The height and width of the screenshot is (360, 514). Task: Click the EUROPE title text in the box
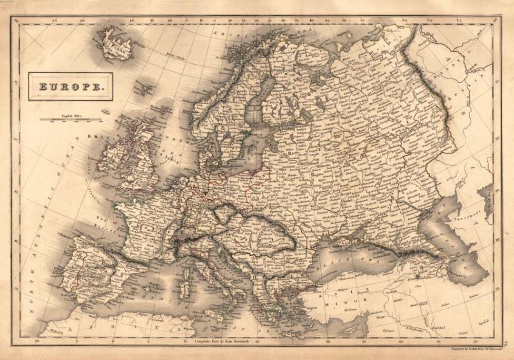pos(70,87)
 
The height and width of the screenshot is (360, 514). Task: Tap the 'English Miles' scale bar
pos(70,119)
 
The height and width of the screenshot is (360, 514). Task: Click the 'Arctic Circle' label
pos(176,57)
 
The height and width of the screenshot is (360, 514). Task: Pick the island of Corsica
pos(186,274)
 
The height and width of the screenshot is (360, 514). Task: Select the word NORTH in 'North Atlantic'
pos(32,291)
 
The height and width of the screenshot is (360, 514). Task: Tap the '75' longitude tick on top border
pos(458,20)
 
